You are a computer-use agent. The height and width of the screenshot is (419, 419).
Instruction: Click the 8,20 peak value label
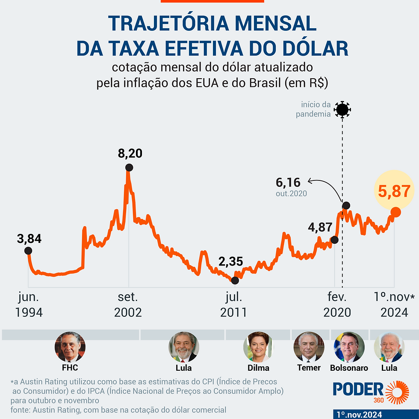[130, 153]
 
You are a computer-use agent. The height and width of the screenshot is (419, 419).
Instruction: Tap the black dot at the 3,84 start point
[28, 251]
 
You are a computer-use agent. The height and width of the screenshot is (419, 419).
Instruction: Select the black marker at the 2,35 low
[235, 280]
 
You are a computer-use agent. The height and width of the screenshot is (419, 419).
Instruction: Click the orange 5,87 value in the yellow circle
[394, 191]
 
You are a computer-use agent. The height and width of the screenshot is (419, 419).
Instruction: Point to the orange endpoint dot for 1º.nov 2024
[395, 212]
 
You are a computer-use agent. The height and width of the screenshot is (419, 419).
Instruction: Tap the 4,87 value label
[320, 227]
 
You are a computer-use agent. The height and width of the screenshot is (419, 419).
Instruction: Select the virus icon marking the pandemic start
[342, 110]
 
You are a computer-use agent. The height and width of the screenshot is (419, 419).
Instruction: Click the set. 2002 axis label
[128, 305]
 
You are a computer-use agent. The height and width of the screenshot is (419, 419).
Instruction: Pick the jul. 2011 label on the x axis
[233, 305]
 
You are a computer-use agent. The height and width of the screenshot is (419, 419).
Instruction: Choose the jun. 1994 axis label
[29, 305]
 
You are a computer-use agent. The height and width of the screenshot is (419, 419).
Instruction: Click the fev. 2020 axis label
[337, 305]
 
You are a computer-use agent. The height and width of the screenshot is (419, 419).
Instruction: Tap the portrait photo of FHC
[70, 347]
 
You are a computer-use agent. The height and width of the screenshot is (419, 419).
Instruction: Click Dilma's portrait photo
[258, 347]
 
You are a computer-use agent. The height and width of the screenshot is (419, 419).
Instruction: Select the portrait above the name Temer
[308, 347]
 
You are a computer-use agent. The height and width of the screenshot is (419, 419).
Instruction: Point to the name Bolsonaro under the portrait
[349, 368]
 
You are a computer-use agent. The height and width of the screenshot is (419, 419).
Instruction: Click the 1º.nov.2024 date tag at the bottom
[359, 414]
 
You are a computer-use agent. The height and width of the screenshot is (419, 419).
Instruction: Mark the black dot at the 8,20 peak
[129, 168]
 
